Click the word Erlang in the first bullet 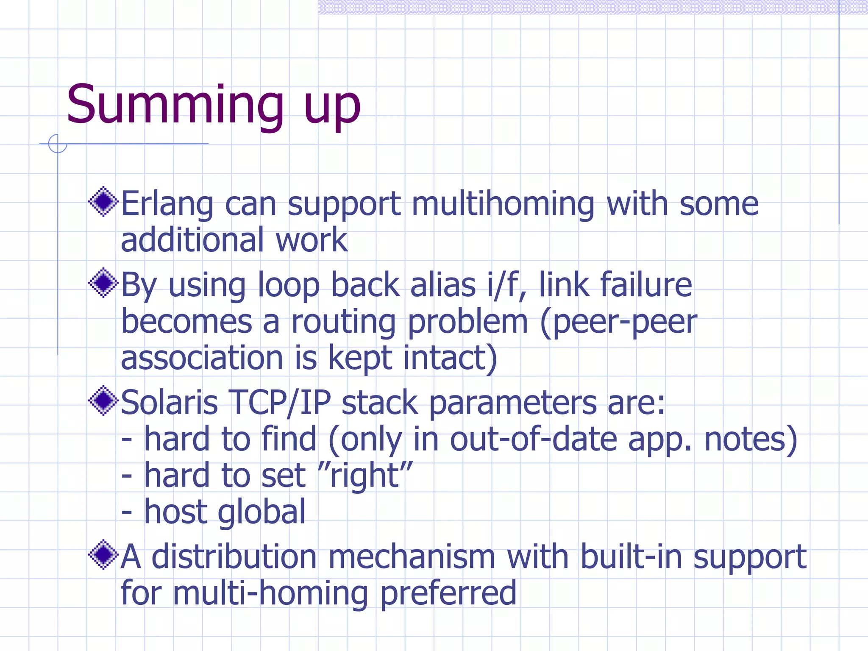click(167, 205)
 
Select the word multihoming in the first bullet click(503, 205)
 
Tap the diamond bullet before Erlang click(103, 201)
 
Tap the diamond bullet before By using click(103, 283)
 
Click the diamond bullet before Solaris click(103, 400)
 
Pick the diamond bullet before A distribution click(103, 554)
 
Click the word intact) click(450, 358)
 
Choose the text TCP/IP click(280, 403)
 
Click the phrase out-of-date click(533, 440)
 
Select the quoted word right click(365, 476)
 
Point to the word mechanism click(412, 557)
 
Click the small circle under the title click(58, 144)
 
